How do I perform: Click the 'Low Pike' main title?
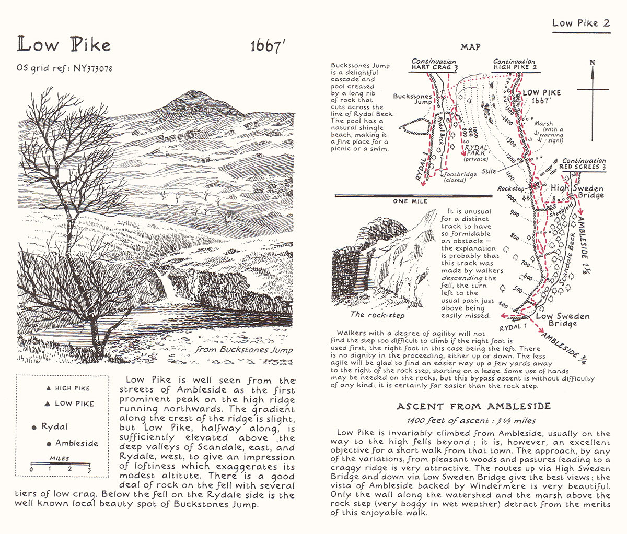(x=64, y=45)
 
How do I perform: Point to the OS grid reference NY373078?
(x=65, y=68)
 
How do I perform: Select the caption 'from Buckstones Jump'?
(x=243, y=350)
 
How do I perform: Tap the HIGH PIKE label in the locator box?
(x=72, y=388)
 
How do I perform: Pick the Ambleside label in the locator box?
(x=76, y=443)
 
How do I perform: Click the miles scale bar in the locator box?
(x=61, y=464)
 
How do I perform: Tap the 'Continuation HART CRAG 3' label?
(x=434, y=65)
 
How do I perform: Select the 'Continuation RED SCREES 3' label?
(x=584, y=164)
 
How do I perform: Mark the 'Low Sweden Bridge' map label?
(x=563, y=319)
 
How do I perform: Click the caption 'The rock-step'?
(x=377, y=314)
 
